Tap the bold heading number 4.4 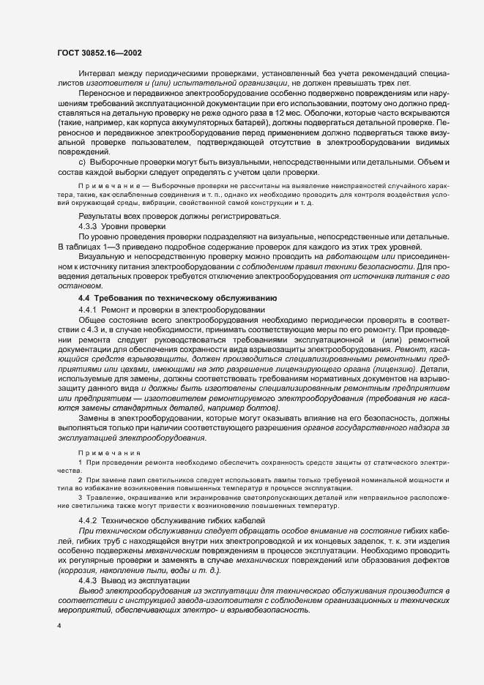pos(84,299)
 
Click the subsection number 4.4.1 pos(89,310)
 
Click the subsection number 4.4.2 pos(89,520)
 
